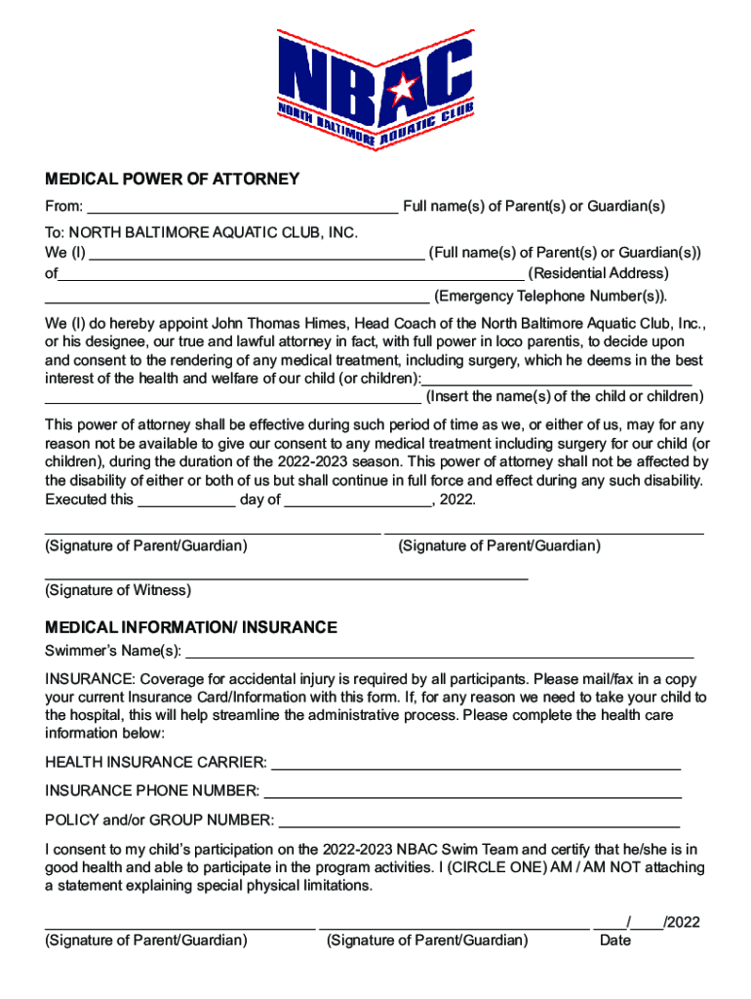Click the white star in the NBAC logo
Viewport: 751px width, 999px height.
401,90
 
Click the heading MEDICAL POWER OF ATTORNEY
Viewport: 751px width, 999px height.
173,180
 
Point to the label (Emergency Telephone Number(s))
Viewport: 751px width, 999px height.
551,296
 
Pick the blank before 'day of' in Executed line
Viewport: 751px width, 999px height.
187,501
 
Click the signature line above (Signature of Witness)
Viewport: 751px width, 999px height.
287,578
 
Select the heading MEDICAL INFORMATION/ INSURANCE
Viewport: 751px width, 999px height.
191,627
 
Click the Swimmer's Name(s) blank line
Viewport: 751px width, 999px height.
440,654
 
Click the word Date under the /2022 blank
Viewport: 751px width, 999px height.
615,940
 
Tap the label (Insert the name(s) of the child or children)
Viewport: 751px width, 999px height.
565,397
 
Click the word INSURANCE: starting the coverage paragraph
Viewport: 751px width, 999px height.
90,679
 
